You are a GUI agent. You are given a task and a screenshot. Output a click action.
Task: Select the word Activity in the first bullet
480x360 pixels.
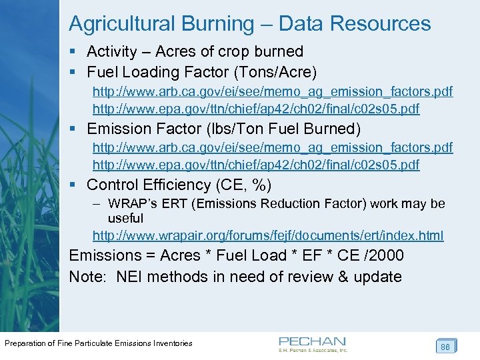pyautogui.click(x=112, y=51)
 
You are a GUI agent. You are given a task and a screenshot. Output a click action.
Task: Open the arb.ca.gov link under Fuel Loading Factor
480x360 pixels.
pyautogui.click(x=272, y=91)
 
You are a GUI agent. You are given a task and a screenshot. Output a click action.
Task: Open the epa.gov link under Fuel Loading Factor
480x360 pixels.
pyautogui.click(x=256, y=108)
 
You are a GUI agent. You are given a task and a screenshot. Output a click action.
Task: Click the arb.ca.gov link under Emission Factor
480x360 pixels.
pyautogui.click(x=272, y=147)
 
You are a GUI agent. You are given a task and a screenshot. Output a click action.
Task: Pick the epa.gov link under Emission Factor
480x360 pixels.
pyautogui.click(x=256, y=164)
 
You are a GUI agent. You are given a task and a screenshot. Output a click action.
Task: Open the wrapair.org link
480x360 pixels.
pyautogui.click(x=268, y=235)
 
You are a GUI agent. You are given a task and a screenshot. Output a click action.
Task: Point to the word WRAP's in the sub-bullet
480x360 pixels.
pyautogui.click(x=131, y=203)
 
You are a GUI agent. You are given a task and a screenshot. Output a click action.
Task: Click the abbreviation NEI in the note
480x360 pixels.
pyautogui.click(x=129, y=276)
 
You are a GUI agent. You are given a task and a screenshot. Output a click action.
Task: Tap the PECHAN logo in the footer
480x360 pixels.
pyautogui.click(x=313, y=343)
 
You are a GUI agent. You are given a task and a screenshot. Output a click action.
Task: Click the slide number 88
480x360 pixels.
pyautogui.click(x=445, y=347)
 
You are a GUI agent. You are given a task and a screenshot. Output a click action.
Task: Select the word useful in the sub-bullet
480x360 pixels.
pyautogui.click(x=125, y=218)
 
